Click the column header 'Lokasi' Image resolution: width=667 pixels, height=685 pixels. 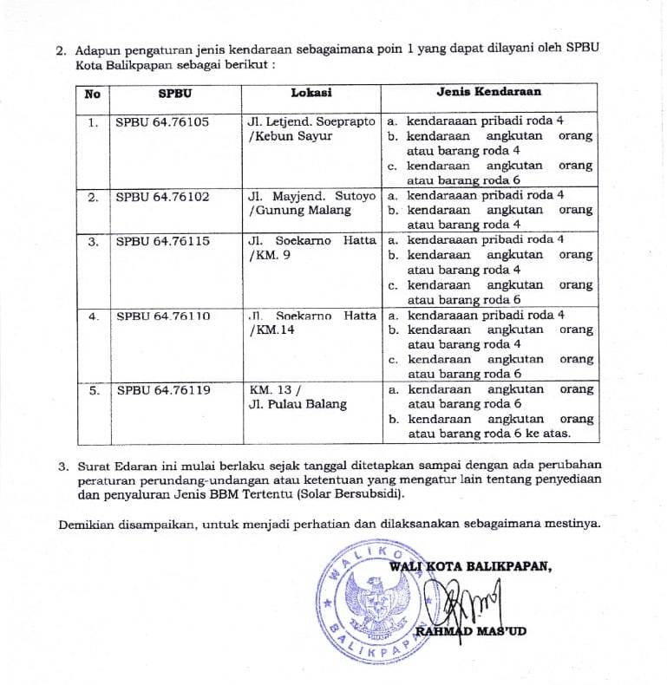311,93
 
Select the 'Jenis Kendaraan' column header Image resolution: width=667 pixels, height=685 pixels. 488,92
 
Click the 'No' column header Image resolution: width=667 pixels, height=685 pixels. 93,93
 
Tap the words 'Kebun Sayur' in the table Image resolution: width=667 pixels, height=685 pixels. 280,137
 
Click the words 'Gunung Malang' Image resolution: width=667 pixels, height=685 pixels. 289,211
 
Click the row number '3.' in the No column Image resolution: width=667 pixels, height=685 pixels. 93,241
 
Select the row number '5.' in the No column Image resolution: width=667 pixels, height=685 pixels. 93,390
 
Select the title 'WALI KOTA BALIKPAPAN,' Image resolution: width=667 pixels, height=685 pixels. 470,566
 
